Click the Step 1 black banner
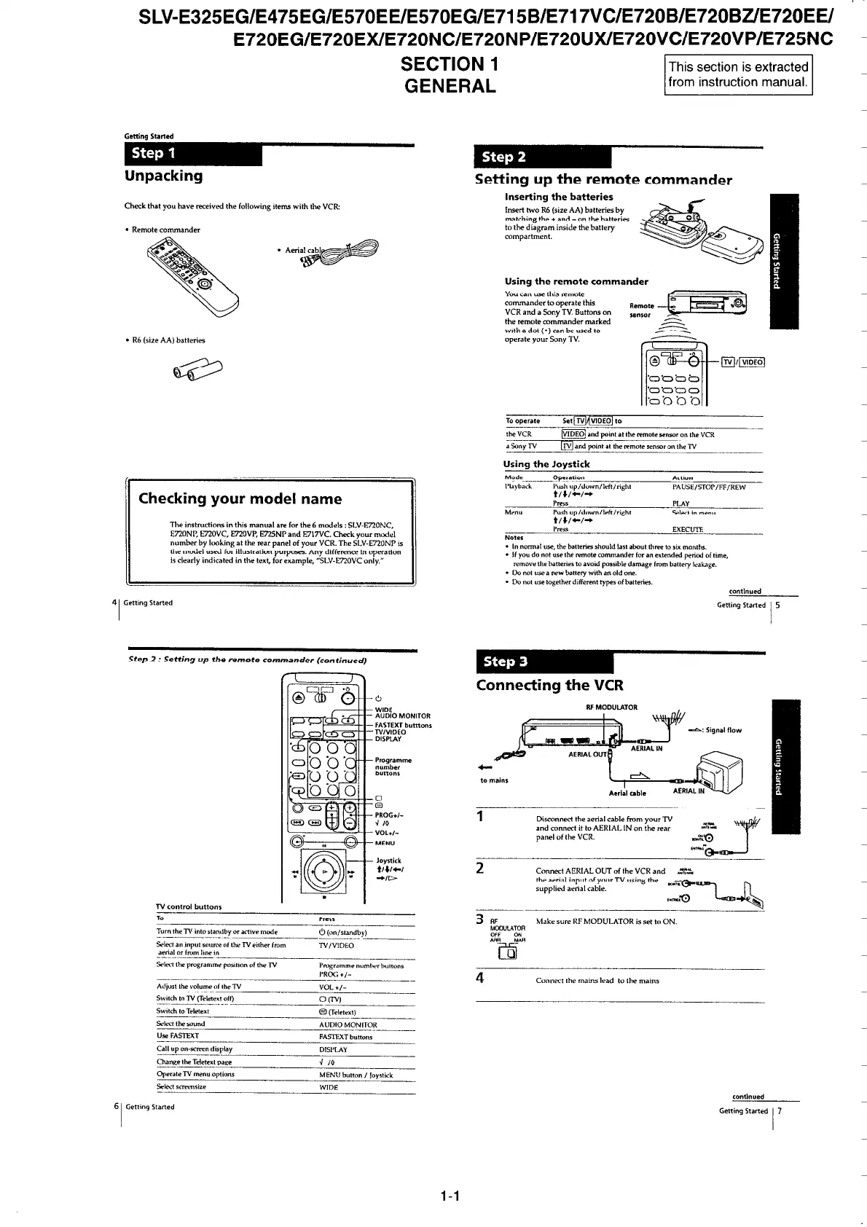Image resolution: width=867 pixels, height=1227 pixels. pyautogui.click(x=192, y=154)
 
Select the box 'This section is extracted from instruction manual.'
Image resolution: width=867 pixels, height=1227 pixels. pyautogui.click(x=738, y=74)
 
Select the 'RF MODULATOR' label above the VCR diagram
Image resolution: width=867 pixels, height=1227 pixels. pyautogui.click(x=611, y=707)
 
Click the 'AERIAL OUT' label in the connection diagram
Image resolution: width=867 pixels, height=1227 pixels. pyautogui.click(x=587, y=754)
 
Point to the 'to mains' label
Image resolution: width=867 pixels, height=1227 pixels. pyautogui.click(x=494, y=780)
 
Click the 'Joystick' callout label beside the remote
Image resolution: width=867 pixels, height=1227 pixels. pyautogui.click(x=388, y=861)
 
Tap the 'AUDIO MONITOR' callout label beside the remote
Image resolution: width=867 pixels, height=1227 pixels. pyautogui.click(x=402, y=716)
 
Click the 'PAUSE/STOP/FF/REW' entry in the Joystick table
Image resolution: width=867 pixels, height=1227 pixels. pyautogui.click(x=708, y=487)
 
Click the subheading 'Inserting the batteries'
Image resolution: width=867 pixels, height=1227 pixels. pyautogui.click(x=559, y=197)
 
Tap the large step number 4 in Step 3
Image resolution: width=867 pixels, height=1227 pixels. pyautogui.click(x=480, y=977)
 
